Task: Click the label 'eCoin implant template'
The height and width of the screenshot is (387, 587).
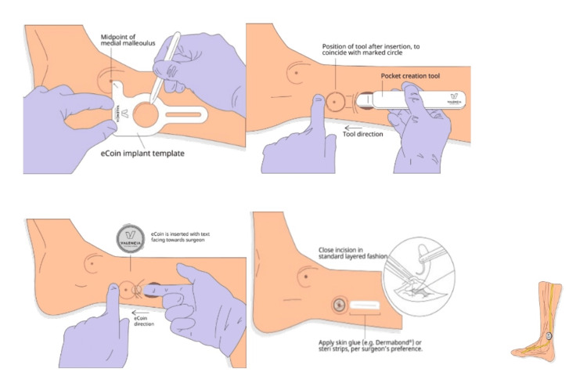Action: pyautogui.click(x=142, y=154)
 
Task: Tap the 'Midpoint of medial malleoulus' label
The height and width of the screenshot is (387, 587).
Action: pyautogui.click(x=128, y=40)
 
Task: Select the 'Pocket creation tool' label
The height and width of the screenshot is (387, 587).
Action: pyautogui.click(x=410, y=76)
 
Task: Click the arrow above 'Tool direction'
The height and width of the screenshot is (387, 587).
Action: pyautogui.click(x=353, y=128)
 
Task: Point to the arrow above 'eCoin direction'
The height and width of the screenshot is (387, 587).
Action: pyautogui.click(x=140, y=313)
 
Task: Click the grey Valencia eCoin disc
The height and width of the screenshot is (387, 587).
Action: pyautogui.click(x=130, y=239)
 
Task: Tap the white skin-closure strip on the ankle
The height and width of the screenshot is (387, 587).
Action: pyautogui.click(x=365, y=306)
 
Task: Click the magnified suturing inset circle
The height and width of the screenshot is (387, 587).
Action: pyautogui.click(x=420, y=276)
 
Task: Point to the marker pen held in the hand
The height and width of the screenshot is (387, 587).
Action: pyautogui.click(x=164, y=68)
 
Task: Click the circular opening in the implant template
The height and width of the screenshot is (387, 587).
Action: pyautogui.click(x=146, y=114)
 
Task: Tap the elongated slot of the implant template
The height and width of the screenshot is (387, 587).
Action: pyautogui.click(x=183, y=114)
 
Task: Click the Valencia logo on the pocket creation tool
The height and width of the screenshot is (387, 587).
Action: pyautogui.click(x=454, y=99)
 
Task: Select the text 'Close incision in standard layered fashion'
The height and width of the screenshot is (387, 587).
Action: pyautogui.click(x=353, y=253)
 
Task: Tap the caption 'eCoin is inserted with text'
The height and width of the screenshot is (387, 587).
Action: pyautogui.click(x=181, y=233)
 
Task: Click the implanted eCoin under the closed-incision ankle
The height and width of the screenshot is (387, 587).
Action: pyautogui.click(x=340, y=306)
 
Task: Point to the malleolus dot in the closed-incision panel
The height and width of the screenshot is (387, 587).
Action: pyautogui.click(x=306, y=277)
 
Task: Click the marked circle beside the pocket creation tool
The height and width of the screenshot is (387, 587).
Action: pyautogui.click(x=335, y=102)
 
